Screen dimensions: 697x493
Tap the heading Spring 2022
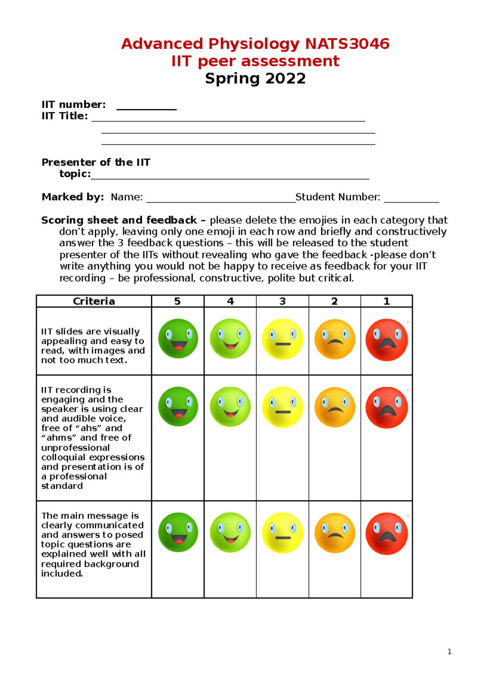[255, 78]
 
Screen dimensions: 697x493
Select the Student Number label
[338, 197]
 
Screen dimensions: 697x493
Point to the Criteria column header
[94, 301]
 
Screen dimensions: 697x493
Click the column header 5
[177, 301]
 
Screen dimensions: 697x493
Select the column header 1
[387, 301]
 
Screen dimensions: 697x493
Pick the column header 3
[282, 301]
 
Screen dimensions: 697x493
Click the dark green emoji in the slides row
[178, 339]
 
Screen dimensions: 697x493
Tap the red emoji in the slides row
[387, 339]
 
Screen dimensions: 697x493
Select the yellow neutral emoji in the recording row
[283, 407]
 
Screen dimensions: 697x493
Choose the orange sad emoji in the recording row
[335, 407]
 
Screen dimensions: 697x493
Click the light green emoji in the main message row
[230, 532]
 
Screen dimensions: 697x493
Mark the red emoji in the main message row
[387, 533]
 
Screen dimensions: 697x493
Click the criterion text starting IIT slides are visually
[93, 346]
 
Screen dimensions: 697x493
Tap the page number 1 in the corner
[449, 651]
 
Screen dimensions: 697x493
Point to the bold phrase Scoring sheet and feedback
[119, 220]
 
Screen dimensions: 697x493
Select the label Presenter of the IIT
[96, 163]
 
